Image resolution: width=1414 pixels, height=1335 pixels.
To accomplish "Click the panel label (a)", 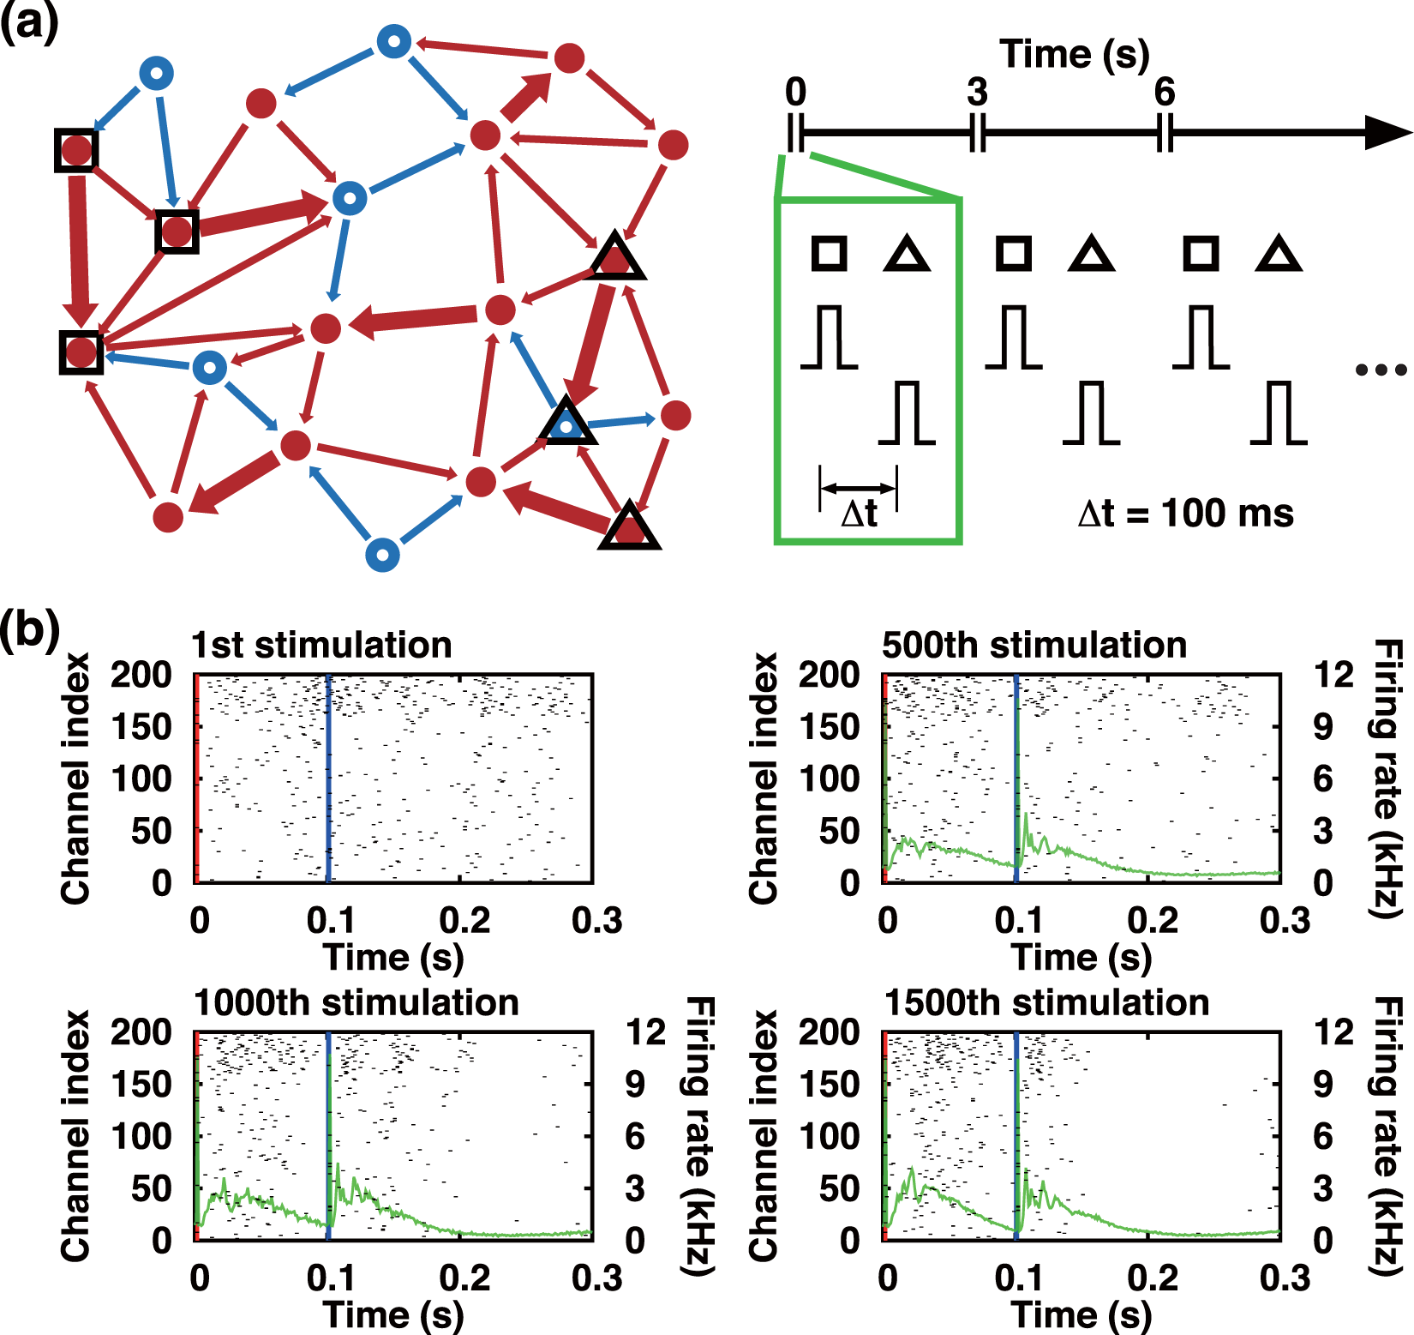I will [28, 22].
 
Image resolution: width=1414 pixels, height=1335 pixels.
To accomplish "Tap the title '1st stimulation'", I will [321, 645].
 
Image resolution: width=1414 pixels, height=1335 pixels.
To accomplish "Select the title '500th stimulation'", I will [1034, 645].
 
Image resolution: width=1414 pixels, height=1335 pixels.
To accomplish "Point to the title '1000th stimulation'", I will [356, 1002].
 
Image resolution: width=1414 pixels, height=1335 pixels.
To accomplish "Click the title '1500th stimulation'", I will [1046, 1002].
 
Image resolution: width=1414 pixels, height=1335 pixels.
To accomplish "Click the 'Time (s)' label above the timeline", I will [1075, 55].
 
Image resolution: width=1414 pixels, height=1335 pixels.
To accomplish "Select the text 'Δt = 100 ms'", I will [1186, 514].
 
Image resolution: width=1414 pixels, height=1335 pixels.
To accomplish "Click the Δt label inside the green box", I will [859, 514].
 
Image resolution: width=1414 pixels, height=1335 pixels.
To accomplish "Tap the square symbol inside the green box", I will [829, 254].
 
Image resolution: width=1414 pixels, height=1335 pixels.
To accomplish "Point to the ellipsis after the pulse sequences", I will [1381, 370].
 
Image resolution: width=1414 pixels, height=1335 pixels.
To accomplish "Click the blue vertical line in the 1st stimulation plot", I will [328, 779].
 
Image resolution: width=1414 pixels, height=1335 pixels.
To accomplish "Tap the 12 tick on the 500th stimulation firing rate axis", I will [1333, 676].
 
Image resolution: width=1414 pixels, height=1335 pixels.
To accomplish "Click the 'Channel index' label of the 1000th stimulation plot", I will [75, 1135].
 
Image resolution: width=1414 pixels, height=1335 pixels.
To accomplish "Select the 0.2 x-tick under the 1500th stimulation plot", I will [1153, 1278].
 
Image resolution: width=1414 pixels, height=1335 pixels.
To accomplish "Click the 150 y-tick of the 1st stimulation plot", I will [141, 727].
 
